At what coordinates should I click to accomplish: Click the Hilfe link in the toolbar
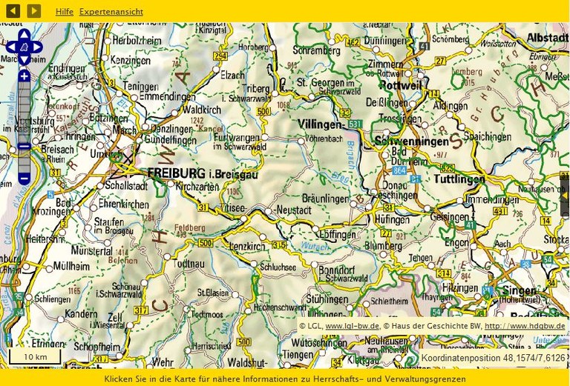[65, 12]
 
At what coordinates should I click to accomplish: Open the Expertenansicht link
[111, 12]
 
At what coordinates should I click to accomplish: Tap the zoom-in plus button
[24, 76]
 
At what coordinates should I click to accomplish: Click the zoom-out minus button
[24, 178]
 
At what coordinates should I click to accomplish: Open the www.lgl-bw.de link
[353, 326]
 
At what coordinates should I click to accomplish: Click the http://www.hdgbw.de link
[525, 326]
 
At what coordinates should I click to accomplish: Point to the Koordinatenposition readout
[493, 359]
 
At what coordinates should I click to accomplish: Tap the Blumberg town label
[384, 245]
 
